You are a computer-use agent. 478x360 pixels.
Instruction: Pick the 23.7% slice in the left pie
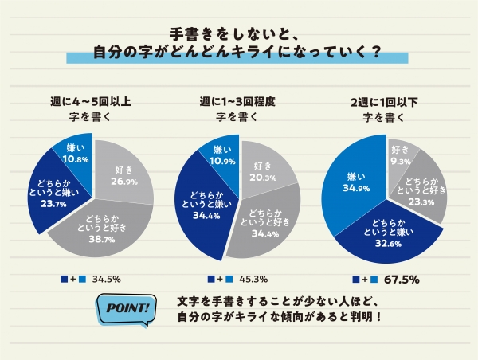[x=53, y=196]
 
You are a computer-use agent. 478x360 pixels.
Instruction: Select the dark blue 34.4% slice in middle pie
[x=199, y=205]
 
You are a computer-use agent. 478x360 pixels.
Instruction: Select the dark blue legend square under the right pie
[x=355, y=280]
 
